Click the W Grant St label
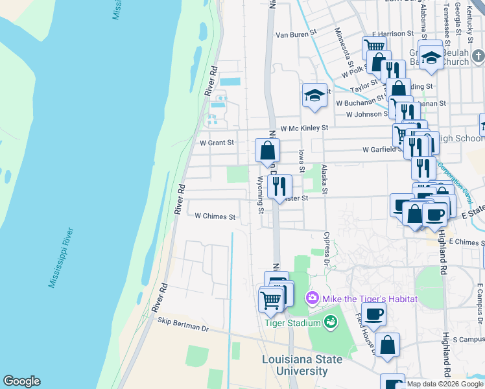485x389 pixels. pyautogui.click(x=216, y=142)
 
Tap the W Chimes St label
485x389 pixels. pyautogui.click(x=215, y=217)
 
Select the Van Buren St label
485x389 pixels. pyautogui.click(x=295, y=34)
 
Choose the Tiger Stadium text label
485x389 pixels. pyautogui.click(x=292, y=323)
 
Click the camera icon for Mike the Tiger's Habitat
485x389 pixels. pyautogui.click(x=313, y=299)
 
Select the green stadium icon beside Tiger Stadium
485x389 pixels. pyautogui.click(x=330, y=322)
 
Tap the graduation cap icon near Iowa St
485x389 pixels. pyautogui.click(x=314, y=95)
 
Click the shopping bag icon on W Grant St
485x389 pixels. pyautogui.click(x=266, y=152)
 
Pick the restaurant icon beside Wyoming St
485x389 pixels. pyautogui.click(x=279, y=186)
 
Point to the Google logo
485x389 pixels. pyautogui.click(x=21, y=381)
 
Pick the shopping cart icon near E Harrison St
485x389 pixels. pyautogui.click(x=374, y=47)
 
